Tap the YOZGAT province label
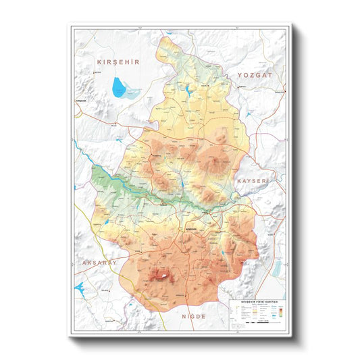click(x=254, y=76)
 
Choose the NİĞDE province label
click(x=198, y=315)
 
